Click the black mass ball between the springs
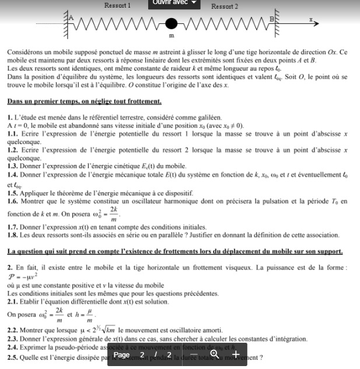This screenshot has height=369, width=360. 171,24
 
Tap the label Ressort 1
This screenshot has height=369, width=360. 117,6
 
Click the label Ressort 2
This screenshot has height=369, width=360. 225,6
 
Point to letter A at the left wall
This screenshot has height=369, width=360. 72,17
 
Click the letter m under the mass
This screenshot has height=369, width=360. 172,36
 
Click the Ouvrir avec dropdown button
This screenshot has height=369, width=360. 175,3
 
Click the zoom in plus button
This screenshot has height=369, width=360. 235,354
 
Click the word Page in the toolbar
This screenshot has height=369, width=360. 121,354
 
